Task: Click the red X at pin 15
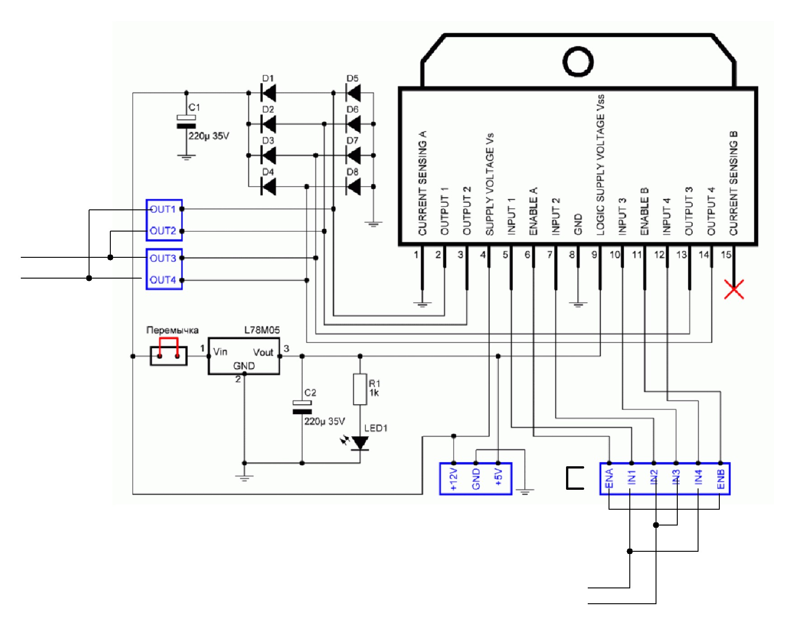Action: click(734, 289)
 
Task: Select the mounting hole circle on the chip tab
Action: click(578, 62)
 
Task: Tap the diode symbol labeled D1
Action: click(269, 93)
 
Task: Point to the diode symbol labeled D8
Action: click(353, 186)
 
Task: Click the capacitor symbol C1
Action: click(186, 122)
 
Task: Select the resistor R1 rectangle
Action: click(360, 389)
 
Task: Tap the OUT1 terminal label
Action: click(163, 209)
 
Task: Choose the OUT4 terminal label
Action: click(163, 280)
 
